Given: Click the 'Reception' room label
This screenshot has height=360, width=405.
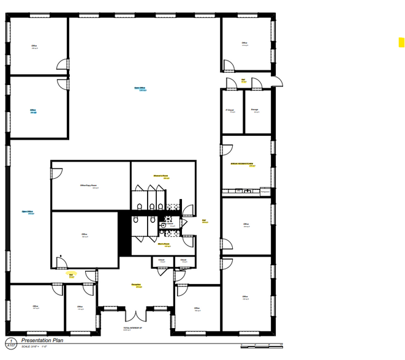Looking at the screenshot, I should pyautogui.click(x=136, y=285).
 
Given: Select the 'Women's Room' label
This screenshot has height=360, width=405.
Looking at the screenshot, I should pyautogui.click(x=162, y=176).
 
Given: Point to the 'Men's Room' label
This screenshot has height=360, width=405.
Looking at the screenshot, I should pyautogui.click(x=163, y=244).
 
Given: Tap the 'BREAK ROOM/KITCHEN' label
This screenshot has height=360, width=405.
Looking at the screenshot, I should pyautogui.click(x=242, y=164).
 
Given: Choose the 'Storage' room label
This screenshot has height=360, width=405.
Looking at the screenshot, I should pyautogui.click(x=254, y=110).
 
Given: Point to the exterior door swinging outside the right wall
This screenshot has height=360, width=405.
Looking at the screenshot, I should pyautogui.click(x=276, y=81).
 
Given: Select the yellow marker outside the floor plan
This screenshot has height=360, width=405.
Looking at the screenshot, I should pyautogui.click(x=401, y=42).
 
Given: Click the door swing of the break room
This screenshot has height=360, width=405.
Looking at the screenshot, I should pyautogui.click(x=226, y=149).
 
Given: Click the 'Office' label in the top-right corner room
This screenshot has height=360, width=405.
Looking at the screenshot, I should pyautogui.click(x=244, y=43).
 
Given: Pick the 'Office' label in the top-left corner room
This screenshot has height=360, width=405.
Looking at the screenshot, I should pyautogui.click(x=34, y=46).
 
